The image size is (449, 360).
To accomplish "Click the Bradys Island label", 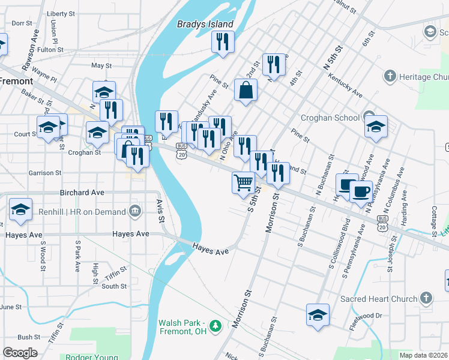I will tap(205, 25).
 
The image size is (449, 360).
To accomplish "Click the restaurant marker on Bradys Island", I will tap(223, 41).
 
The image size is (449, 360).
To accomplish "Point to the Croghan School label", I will tap(330, 118).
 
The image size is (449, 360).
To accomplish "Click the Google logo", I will tap(20, 352).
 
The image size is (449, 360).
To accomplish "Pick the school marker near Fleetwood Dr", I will tap(318, 314).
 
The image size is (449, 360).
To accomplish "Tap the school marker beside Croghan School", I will tap(376, 127).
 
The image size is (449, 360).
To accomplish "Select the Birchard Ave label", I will tap(82, 193).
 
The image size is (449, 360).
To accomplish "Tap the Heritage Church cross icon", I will tap(390, 77).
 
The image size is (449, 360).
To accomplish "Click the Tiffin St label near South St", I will tap(113, 277).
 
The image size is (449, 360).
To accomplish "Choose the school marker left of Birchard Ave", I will tap(20, 209).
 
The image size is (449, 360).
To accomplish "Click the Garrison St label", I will tap(45, 173).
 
